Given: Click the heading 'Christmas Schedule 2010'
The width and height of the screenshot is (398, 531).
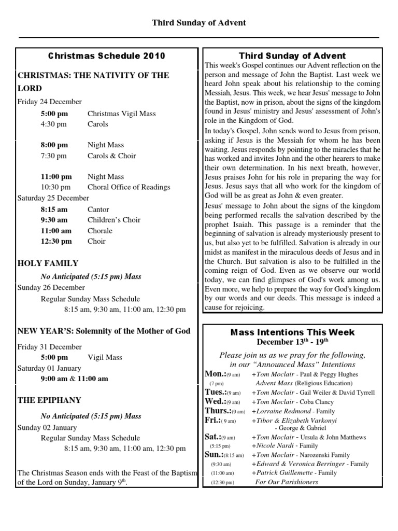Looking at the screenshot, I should tap(107, 55).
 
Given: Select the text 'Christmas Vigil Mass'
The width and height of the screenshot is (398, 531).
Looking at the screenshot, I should tap(121, 114).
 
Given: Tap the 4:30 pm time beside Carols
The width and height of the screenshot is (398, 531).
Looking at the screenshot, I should tap(54, 124).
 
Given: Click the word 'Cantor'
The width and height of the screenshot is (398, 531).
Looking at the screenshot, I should tap(98, 209).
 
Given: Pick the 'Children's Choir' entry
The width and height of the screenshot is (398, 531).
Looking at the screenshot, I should tap(114, 220).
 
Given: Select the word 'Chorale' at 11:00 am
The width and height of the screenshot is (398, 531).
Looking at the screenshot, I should tap(99, 231).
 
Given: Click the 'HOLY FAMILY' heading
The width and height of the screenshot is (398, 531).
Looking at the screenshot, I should tap(48, 263).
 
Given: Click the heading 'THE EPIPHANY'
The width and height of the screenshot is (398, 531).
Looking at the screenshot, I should tap(49, 400).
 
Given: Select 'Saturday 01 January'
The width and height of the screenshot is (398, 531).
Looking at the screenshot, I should tap(49, 368).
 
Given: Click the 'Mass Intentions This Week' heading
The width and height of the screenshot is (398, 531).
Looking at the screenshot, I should tap(292, 332).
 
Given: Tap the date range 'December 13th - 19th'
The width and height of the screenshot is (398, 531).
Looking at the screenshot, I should tap(292, 342).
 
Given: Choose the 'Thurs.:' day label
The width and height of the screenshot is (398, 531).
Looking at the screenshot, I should tap(217, 411).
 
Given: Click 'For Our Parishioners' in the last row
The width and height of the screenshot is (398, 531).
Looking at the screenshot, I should tap(287, 482).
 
